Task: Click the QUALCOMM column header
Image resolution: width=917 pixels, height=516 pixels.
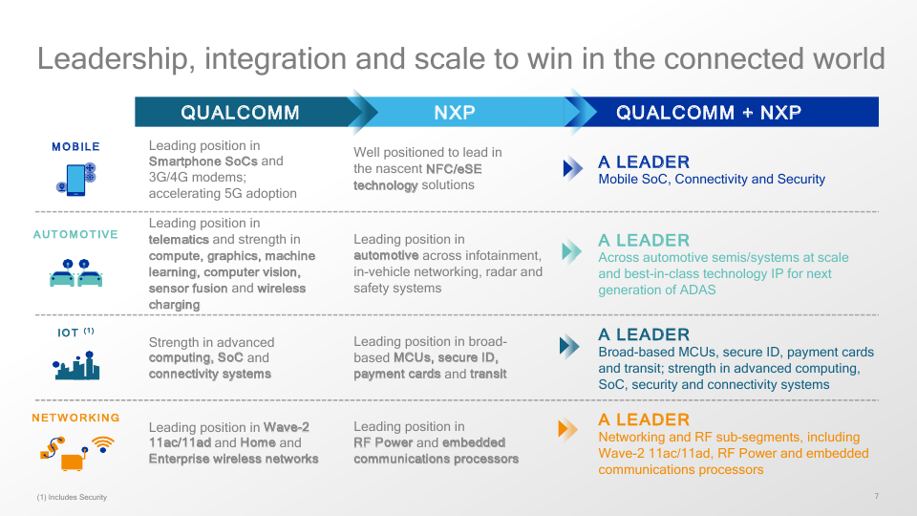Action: point(240,113)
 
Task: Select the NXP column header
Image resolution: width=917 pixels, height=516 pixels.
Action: point(455,113)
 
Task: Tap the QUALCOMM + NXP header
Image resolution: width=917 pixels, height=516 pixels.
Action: point(708,113)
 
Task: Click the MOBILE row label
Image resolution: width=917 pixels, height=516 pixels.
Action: point(75,147)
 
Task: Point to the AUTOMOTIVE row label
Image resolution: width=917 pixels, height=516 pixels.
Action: point(75,235)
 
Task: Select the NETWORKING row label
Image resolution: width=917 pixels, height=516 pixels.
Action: point(75,418)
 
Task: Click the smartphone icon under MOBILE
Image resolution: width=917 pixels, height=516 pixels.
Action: point(76,179)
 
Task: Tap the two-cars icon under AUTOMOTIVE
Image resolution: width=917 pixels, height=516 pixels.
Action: point(76,273)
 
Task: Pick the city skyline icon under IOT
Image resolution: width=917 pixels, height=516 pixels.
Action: point(76,366)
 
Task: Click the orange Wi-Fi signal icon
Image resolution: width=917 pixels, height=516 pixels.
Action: point(103,444)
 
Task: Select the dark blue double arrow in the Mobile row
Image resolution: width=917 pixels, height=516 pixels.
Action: point(572,168)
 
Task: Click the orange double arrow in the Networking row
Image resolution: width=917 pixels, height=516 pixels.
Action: point(567,429)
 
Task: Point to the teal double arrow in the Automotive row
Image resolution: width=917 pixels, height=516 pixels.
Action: point(571,251)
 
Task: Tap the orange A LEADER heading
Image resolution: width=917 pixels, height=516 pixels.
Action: point(644,419)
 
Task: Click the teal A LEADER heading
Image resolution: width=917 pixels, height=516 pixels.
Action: point(644,241)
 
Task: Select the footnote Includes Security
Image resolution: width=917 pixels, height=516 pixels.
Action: point(72,497)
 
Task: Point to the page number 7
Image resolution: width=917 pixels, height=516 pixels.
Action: point(876,496)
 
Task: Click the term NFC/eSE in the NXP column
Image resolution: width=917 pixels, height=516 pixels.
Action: point(454,169)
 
